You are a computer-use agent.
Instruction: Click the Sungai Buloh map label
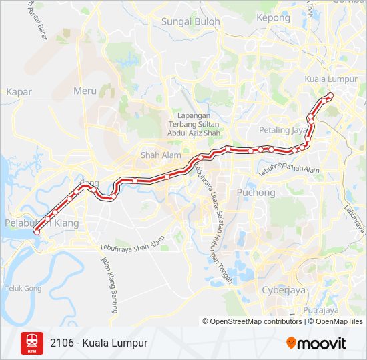coord(190,21)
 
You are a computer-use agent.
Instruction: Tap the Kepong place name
coord(273,18)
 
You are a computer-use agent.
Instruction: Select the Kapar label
coord(19,92)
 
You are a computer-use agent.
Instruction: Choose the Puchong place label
coord(256,193)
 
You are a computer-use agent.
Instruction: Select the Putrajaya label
coord(320,310)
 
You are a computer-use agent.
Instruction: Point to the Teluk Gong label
coord(23,289)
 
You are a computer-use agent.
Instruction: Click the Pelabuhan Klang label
coord(41,223)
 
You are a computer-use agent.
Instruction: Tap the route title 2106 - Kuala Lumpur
coord(98,343)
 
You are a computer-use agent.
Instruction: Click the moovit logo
coord(316,343)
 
